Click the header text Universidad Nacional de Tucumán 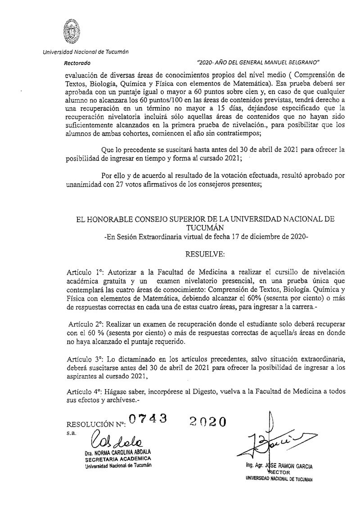pyautogui.click(x=85, y=52)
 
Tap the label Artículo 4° pyautogui.click(x=80, y=392)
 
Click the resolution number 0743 pyautogui.click(x=148, y=419)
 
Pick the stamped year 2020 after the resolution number pyautogui.click(x=207, y=421)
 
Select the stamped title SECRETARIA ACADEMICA pyautogui.click(x=118, y=458)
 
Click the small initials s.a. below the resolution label pyautogui.click(x=71, y=432)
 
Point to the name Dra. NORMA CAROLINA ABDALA pyautogui.click(x=119, y=452)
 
